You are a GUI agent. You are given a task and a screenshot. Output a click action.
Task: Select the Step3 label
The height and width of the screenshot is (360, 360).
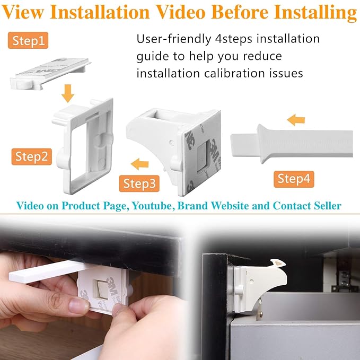[139, 183]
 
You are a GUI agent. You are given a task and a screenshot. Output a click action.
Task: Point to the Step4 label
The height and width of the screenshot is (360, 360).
[293, 179]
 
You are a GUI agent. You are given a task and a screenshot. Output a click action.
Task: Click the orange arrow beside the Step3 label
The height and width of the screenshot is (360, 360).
[140, 163]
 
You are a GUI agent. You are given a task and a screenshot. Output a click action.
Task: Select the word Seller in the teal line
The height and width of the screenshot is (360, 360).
[328, 206]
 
